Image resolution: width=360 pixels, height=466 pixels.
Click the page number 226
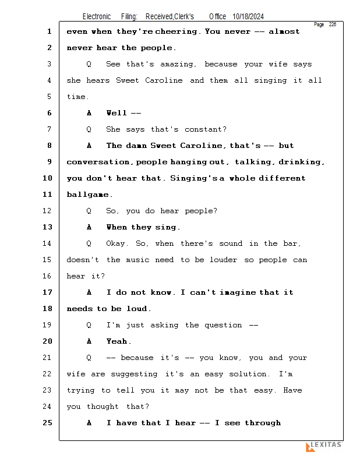[333, 24]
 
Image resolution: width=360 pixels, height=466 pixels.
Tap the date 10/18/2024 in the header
[252, 17]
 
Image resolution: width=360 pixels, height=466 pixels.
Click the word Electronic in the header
[97, 17]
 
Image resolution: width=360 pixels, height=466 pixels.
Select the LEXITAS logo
[324, 446]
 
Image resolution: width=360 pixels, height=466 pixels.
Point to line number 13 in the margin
[48, 227]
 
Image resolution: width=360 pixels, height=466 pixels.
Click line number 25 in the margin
[48, 423]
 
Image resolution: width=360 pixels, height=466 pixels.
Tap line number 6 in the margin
[49, 113]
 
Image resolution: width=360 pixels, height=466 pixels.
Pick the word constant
[206, 129]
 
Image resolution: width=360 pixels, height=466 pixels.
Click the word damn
[137, 146]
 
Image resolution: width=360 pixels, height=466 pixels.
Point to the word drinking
[302, 162]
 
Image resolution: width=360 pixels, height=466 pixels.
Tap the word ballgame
[90, 195]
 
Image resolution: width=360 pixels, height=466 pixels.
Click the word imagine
[239, 292]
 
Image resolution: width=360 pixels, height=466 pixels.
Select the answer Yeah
[119, 341]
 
